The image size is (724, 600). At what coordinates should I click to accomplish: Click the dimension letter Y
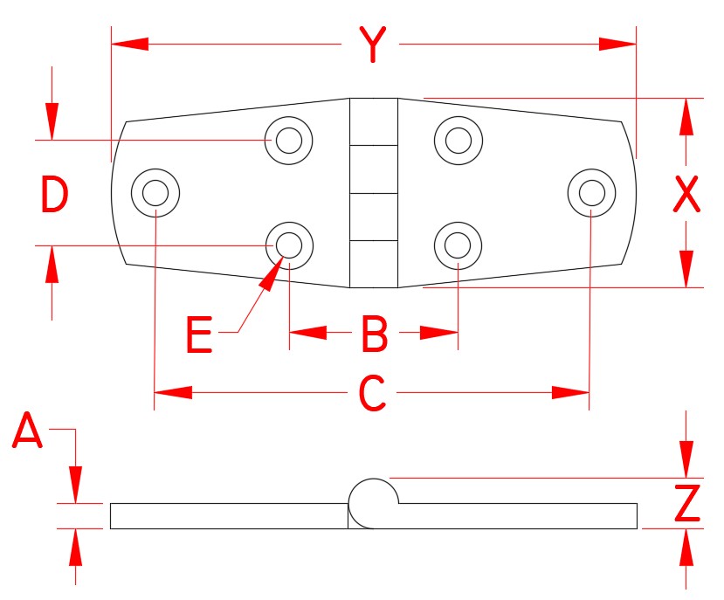click(373, 45)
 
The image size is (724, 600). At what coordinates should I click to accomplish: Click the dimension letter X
click(686, 194)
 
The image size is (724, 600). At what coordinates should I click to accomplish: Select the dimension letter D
click(54, 194)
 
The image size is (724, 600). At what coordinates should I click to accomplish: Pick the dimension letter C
click(373, 394)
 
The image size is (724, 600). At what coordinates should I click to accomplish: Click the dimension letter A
click(28, 431)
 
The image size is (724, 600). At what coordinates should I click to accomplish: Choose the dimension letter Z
click(687, 503)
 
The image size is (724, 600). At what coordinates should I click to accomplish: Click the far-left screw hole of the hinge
click(155, 191)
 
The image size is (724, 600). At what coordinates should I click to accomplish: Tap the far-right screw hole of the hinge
click(590, 191)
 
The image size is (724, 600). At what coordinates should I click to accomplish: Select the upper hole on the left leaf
click(289, 139)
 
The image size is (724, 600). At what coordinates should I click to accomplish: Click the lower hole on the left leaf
click(289, 245)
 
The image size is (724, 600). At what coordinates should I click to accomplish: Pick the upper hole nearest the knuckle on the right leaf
click(458, 139)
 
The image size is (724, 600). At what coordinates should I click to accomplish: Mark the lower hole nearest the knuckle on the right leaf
click(458, 245)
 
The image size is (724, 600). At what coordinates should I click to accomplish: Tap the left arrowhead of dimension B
click(307, 333)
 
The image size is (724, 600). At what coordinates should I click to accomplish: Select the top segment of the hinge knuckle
click(373, 121)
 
